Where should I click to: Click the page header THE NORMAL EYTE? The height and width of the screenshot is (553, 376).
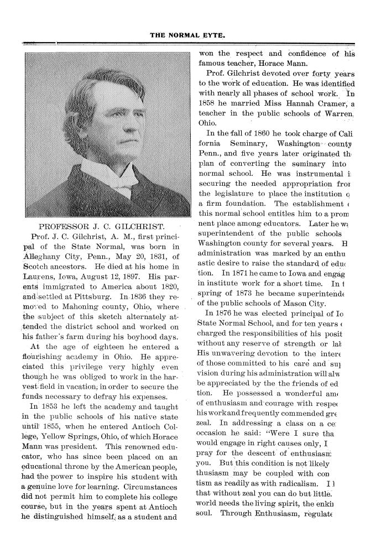coord(187,35)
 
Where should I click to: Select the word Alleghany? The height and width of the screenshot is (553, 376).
coord(44,257)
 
